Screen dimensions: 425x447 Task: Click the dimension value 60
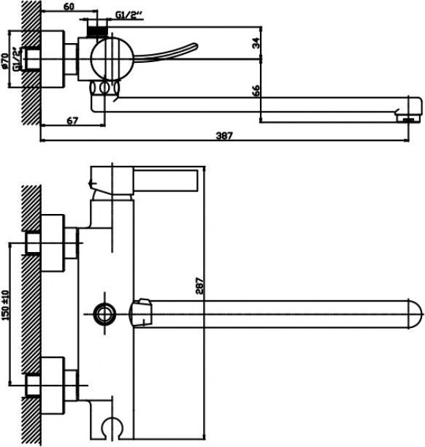tap(69, 7)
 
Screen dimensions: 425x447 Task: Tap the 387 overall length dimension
tap(224, 135)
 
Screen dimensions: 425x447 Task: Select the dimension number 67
tap(72, 121)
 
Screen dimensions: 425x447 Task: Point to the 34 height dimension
tap(256, 43)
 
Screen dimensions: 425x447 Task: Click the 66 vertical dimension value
tap(256, 91)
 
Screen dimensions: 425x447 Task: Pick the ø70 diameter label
tap(5, 61)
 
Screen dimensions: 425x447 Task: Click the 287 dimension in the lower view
tap(200, 286)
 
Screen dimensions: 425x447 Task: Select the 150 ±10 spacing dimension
tap(5, 305)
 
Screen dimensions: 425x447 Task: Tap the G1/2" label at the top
tap(129, 15)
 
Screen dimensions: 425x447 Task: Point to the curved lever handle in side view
tap(165, 53)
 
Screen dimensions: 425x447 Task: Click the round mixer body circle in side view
tap(112, 58)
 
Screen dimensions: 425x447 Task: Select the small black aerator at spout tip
tap(408, 121)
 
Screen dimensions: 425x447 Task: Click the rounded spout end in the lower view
tap(415, 314)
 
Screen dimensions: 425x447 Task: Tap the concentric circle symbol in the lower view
tap(105, 314)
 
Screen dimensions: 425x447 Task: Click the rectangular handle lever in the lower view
tap(165, 180)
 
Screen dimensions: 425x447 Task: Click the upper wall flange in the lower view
tap(53, 243)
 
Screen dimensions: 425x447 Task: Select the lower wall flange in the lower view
tap(53, 386)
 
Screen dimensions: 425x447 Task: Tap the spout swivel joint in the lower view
tap(140, 313)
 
